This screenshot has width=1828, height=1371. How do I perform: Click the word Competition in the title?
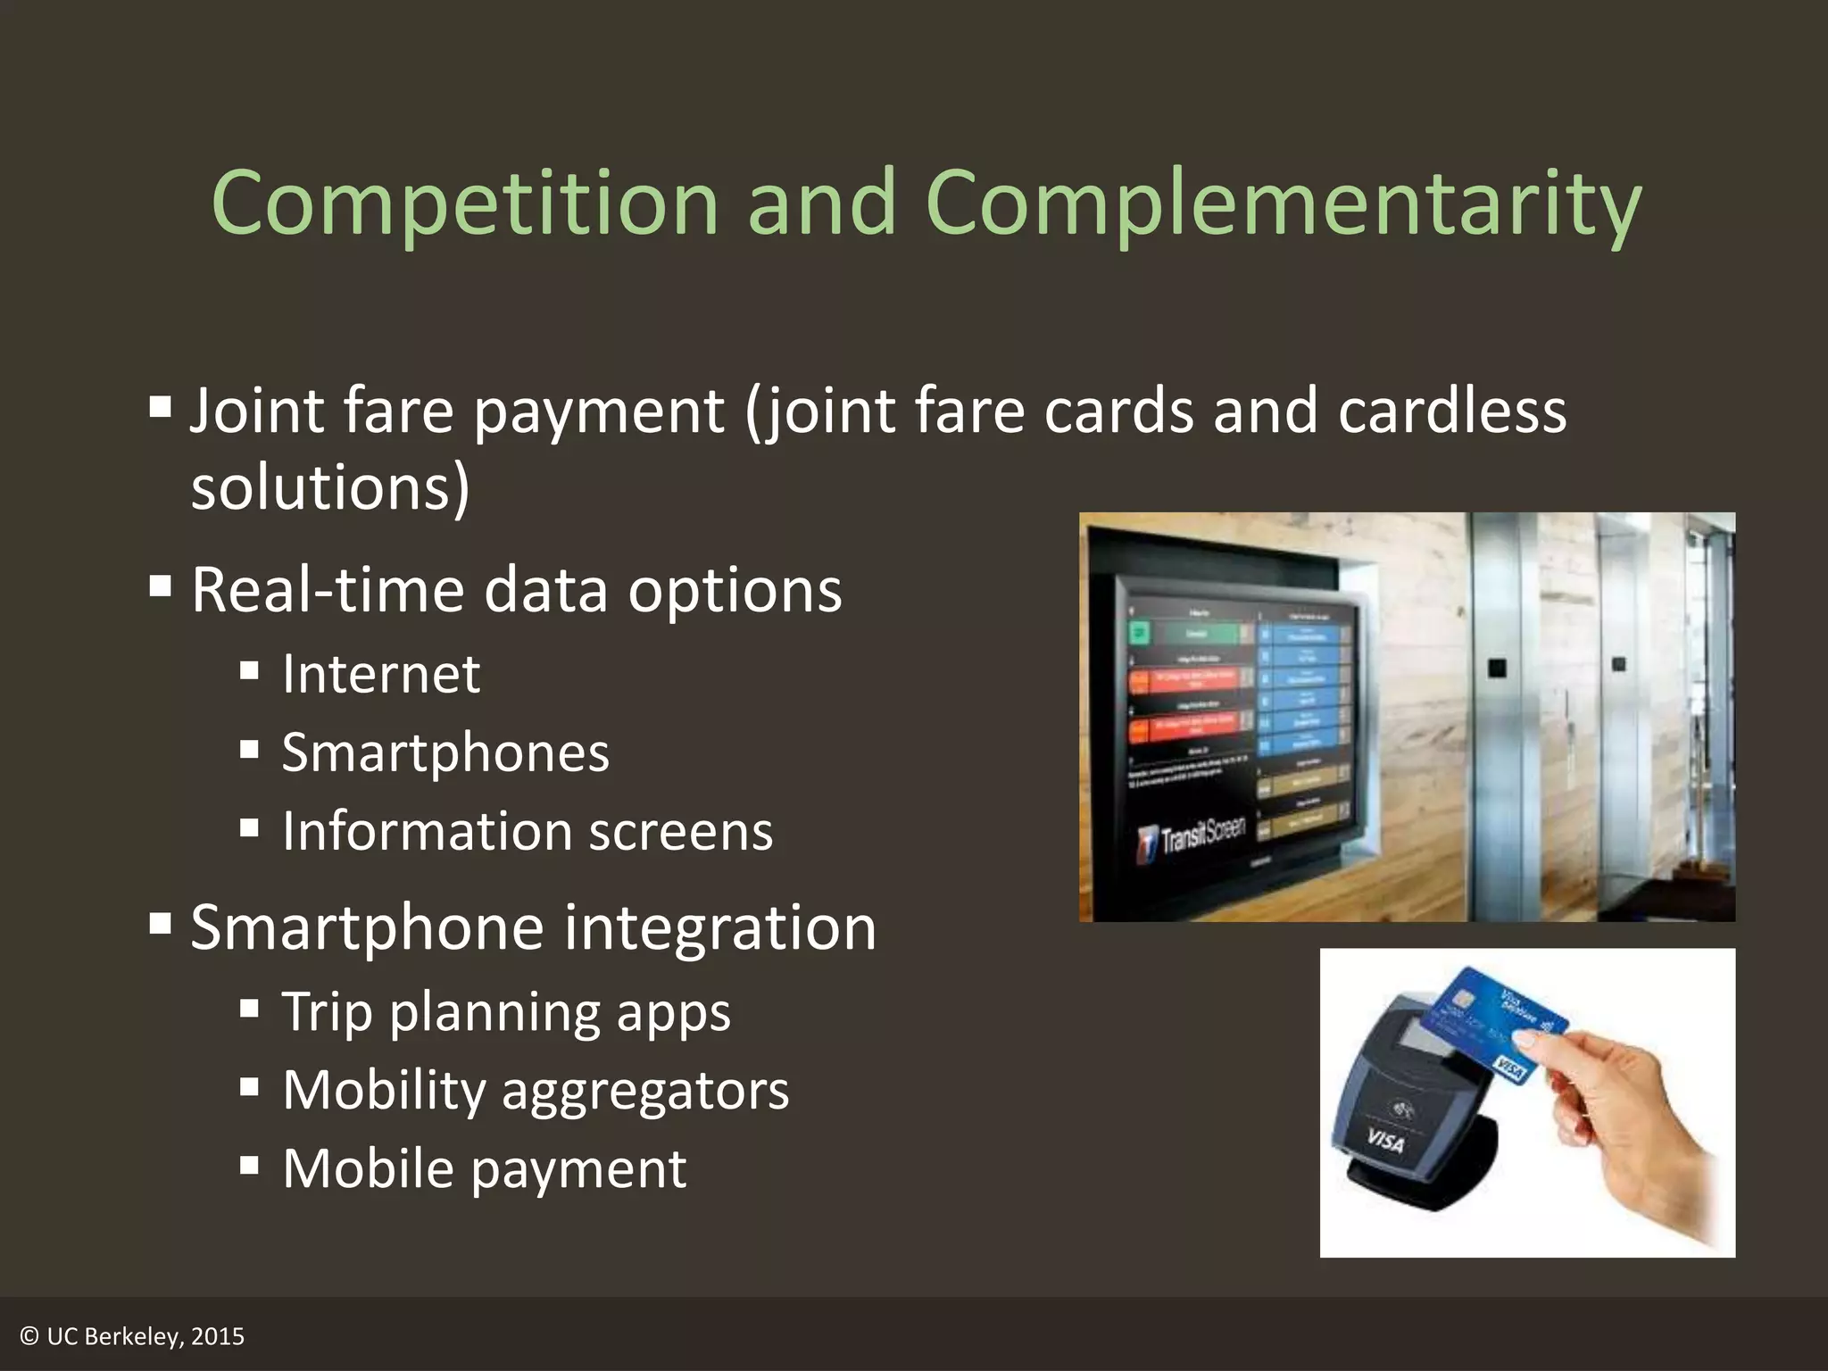tap(464, 204)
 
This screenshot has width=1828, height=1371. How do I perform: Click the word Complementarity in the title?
tap(1283, 204)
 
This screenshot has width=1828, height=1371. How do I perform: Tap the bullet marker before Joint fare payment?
tap(161, 408)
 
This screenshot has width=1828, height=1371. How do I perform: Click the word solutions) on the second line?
tap(330, 488)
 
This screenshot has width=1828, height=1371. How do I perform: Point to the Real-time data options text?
tap(516, 590)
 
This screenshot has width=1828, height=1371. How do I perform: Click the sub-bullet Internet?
tap(381, 674)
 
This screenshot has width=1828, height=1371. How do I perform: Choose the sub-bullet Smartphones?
tap(445, 752)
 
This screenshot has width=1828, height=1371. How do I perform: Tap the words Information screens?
tap(527, 831)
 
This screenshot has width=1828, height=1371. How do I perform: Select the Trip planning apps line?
tap(506, 1012)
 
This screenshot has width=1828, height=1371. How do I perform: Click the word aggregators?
tap(645, 1091)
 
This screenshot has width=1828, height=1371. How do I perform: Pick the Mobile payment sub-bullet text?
tap(485, 1168)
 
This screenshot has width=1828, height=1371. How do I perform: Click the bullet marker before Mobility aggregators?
tap(250, 1087)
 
